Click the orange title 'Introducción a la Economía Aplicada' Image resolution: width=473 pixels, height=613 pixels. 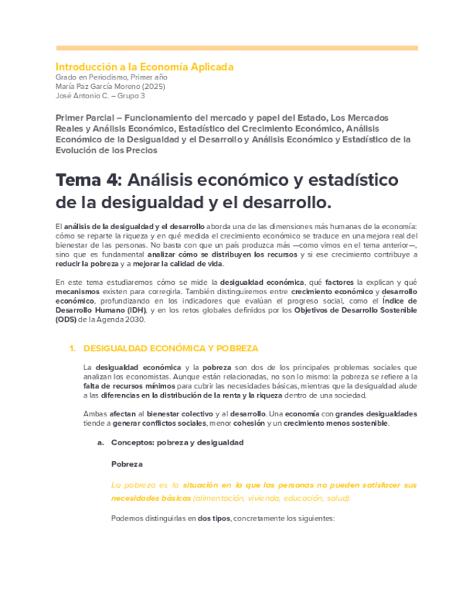pos(144,67)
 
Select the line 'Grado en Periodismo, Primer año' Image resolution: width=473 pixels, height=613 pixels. pos(112,77)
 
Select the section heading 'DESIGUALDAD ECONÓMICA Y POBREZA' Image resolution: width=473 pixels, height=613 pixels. pos(170,348)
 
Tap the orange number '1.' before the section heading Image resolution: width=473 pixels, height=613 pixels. pos(72,348)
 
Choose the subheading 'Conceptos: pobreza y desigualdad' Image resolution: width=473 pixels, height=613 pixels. pos(177,442)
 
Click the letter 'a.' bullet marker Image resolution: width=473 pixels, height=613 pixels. pos(102,442)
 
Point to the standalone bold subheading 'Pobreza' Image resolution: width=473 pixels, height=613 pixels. pos(127,463)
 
